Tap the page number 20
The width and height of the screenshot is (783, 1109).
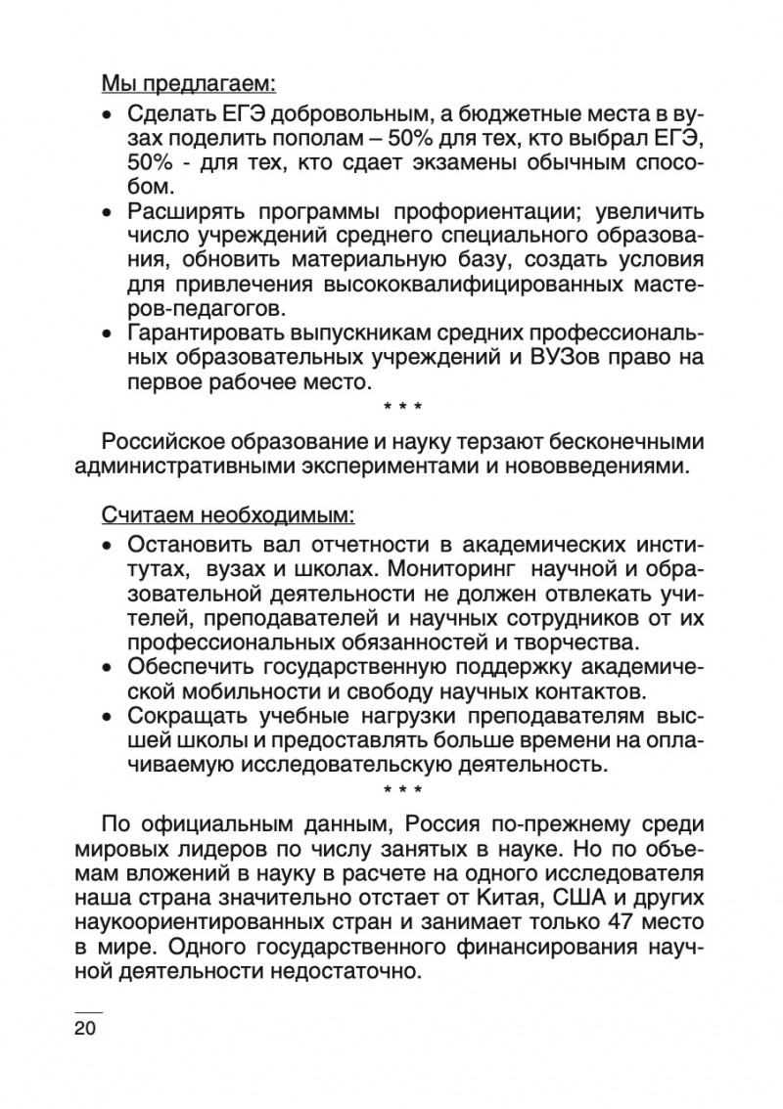(87, 1028)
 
